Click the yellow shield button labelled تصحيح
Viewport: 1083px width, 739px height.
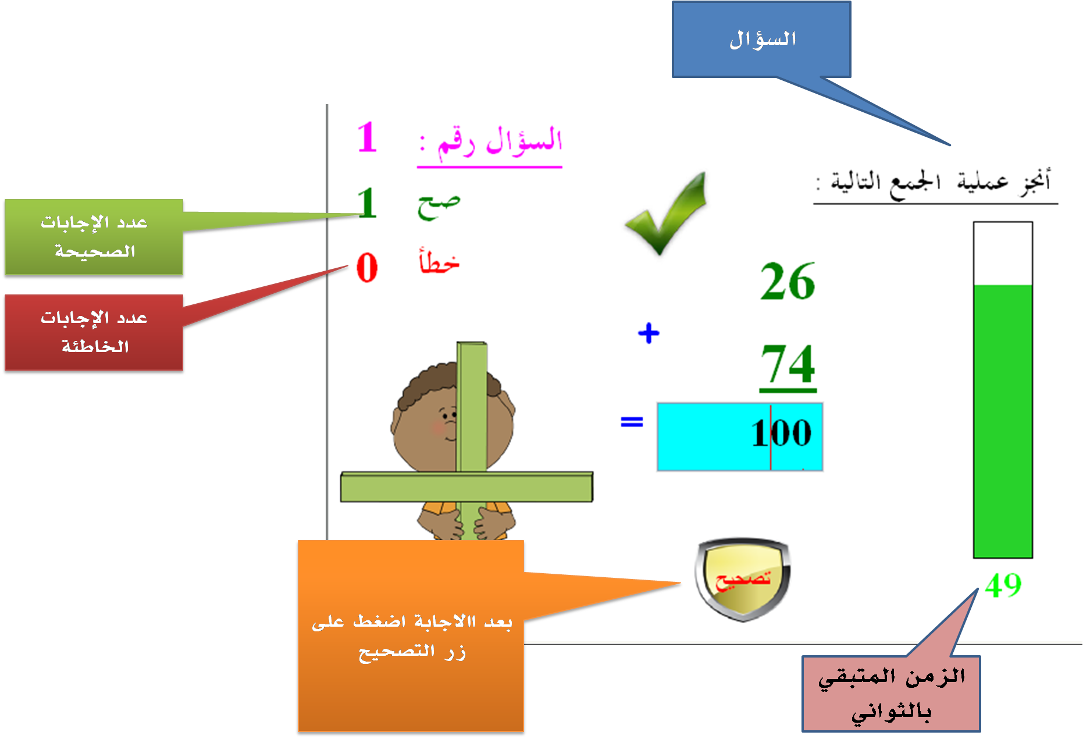pyautogui.click(x=743, y=579)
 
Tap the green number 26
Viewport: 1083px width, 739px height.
pyautogui.click(x=788, y=281)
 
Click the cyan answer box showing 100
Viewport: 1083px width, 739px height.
pyautogui.click(x=740, y=436)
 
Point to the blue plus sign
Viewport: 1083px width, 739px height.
pyautogui.click(x=649, y=333)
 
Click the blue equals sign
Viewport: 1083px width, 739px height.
pyautogui.click(x=632, y=421)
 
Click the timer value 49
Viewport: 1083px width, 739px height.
pyautogui.click(x=1003, y=585)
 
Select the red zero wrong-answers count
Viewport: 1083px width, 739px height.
pyautogui.click(x=367, y=268)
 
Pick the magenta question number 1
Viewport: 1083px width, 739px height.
pyautogui.click(x=367, y=137)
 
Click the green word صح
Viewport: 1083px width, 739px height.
pyautogui.click(x=439, y=206)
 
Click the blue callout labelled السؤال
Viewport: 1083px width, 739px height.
pyautogui.click(x=761, y=40)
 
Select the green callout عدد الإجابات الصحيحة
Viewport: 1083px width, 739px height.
pyautogui.click(x=94, y=237)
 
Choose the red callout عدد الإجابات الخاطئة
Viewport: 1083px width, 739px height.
pyautogui.click(x=94, y=332)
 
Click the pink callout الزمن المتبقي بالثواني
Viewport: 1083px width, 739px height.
pyautogui.click(x=891, y=694)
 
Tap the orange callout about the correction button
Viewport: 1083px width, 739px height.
pyautogui.click(x=411, y=635)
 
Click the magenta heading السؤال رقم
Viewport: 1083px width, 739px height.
pyautogui.click(x=490, y=142)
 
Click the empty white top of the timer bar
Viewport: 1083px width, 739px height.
pyautogui.click(x=1003, y=254)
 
